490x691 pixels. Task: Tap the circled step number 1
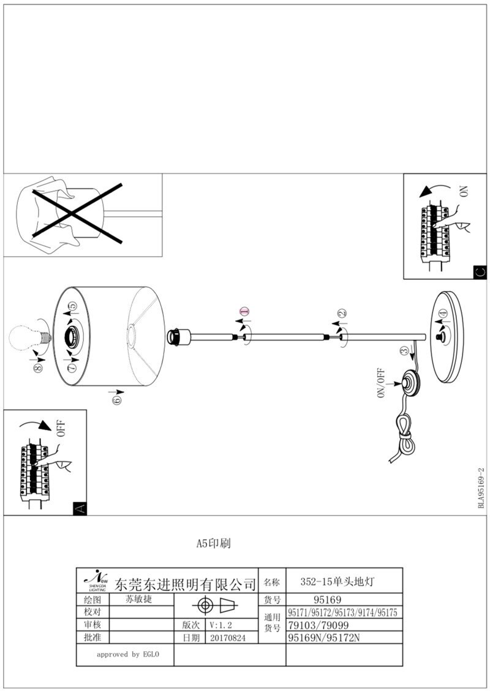[x=243, y=312]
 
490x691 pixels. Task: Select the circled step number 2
[x=341, y=314]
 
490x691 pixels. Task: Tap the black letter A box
[x=79, y=508]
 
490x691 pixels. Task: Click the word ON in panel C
[x=464, y=191]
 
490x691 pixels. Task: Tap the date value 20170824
[x=227, y=638]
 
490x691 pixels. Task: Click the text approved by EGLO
[x=128, y=655]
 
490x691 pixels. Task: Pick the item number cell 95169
[x=327, y=600]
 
